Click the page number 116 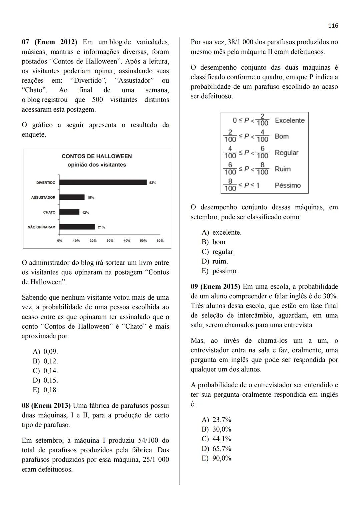(x=333, y=26)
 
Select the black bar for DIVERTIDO (x=103, y=182)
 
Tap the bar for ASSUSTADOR (x=72, y=197)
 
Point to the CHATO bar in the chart (x=69, y=212)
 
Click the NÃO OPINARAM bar (x=77, y=227)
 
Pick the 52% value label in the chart (x=153, y=183)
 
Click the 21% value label (x=101, y=227)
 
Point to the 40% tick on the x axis (x=127, y=241)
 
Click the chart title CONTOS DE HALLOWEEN (x=97, y=156)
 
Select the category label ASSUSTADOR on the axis (x=43, y=198)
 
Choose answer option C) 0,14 (x=45, y=371)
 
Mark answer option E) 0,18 (x=45, y=390)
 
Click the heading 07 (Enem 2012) (x=49, y=42)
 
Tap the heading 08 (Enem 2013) (x=46, y=406)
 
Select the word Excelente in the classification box (x=290, y=120)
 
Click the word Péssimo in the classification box (x=288, y=185)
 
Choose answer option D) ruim (x=215, y=261)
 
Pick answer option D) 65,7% (x=216, y=449)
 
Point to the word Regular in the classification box (x=286, y=153)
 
